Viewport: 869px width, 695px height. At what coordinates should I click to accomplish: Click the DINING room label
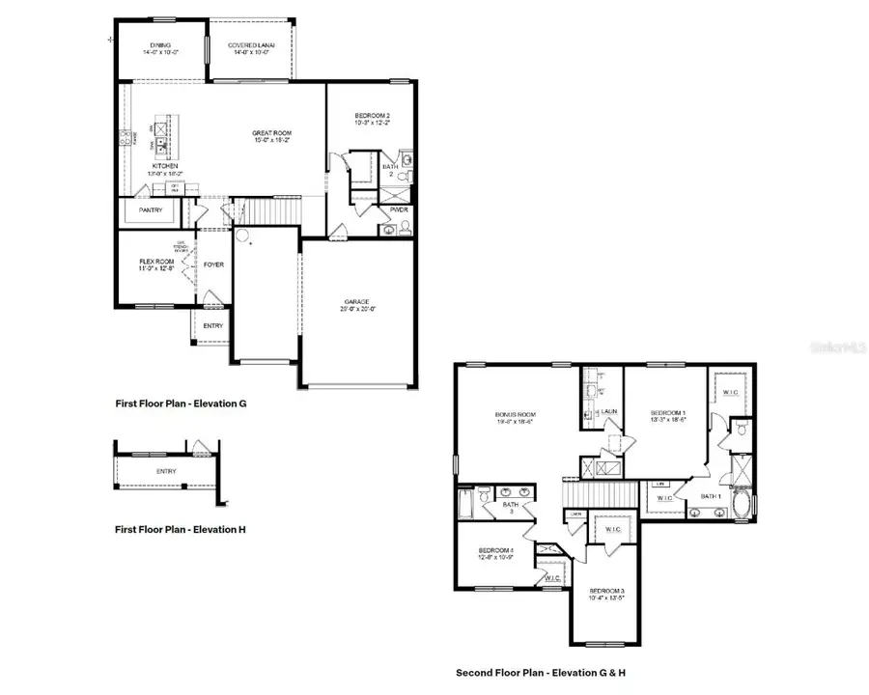click(x=160, y=44)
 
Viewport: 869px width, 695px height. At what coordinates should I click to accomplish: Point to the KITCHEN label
click(x=165, y=166)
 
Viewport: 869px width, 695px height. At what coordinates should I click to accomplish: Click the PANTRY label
click(x=151, y=209)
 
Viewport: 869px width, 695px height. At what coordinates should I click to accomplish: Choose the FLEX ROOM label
click(x=155, y=261)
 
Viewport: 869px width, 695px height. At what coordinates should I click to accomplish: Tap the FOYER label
click(x=213, y=264)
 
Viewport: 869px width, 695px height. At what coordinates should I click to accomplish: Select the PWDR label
click(x=400, y=208)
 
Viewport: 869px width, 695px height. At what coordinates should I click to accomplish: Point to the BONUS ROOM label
click(x=516, y=415)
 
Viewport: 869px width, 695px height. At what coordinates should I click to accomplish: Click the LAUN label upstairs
click(x=609, y=412)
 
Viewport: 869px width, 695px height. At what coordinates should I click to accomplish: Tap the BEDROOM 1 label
click(x=667, y=412)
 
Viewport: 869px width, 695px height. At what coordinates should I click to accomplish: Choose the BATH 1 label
click(x=712, y=495)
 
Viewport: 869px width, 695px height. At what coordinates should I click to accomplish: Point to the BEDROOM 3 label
click(x=607, y=591)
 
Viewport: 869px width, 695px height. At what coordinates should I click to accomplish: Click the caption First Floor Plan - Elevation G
click(x=182, y=404)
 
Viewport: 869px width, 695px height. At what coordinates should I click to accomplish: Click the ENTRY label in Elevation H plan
click(x=166, y=471)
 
